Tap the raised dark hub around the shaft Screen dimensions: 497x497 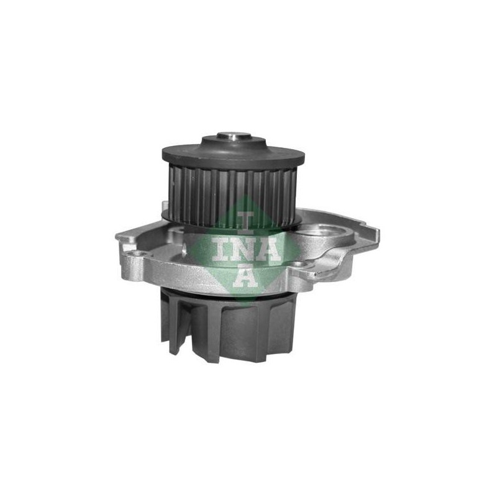point(234,143)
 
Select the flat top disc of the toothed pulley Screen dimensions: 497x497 point(234,155)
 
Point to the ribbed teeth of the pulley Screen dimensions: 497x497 point(232,196)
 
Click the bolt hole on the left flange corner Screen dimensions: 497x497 point(136,253)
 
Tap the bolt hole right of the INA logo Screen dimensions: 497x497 point(296,263)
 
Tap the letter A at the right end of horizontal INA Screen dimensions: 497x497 point(271,250)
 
